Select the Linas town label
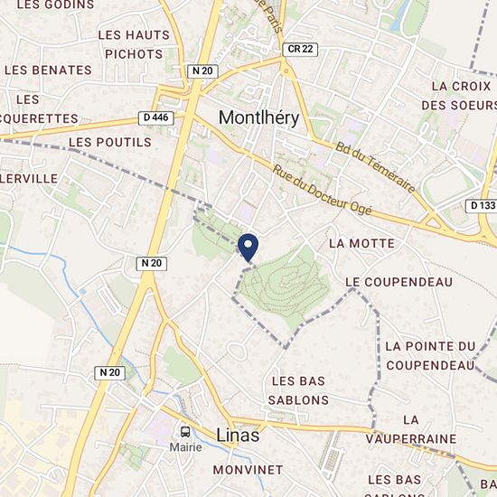[x=238, y=436]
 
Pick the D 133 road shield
[x=483, y=205]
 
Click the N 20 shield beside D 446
[x=202, y=70]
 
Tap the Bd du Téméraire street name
[x=375, y=167]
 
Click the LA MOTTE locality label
[x=361, y=243]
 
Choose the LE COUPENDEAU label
[x=399, y=282]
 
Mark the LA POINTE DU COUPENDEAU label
[x=430, y=355]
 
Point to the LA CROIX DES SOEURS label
[x=461, y=95]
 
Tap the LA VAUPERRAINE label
[x=411, y=429]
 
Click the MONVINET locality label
[x=248, y=470]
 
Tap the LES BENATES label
[x=48, y=70]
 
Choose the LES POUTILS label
[x=109, y=142]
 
